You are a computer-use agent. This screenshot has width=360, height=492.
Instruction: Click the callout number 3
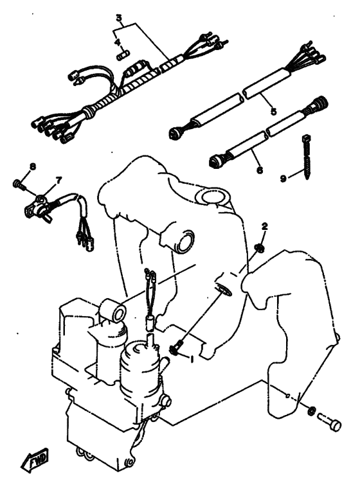coord(119,18)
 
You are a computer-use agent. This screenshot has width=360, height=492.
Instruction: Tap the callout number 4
coord(117,42)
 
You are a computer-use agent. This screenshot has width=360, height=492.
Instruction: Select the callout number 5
coord(273,110)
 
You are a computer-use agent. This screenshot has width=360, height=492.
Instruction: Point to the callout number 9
coord(283,179)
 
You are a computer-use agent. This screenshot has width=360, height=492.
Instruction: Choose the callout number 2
coord(264,226)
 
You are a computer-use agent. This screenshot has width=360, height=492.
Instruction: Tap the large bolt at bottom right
coord(329,422)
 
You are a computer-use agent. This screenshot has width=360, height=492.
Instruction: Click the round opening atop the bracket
coord(213,198)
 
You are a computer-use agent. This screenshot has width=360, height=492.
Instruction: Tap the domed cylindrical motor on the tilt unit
coord(140,367)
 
